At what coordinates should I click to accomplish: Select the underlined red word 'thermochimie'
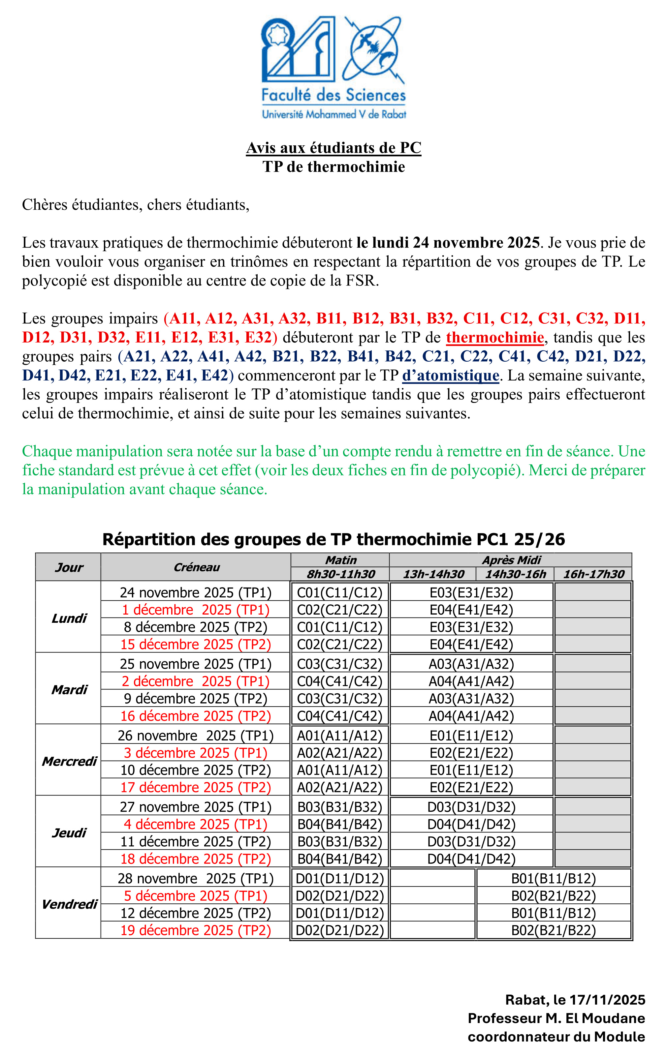tap(495, 337)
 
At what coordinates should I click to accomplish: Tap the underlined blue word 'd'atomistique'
tap(451, 375)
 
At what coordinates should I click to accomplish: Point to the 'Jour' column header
tap(69, 567)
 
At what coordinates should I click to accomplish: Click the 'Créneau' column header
tap(196, 567)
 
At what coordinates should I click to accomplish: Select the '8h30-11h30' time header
tap(340, 574)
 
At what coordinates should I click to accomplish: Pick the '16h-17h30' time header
tap(593, 574)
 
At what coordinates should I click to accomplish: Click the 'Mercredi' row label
tap(69, 761)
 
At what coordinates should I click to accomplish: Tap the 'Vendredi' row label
tap(69, 904)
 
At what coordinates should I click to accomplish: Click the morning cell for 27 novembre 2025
tap(340, 807)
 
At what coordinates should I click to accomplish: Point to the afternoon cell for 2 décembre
tap(471, 681)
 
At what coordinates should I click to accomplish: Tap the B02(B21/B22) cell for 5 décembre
tap(553, 895)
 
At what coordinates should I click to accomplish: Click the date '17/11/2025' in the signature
tap(607, 1000)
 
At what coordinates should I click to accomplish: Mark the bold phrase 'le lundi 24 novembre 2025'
tap(448, 243)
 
